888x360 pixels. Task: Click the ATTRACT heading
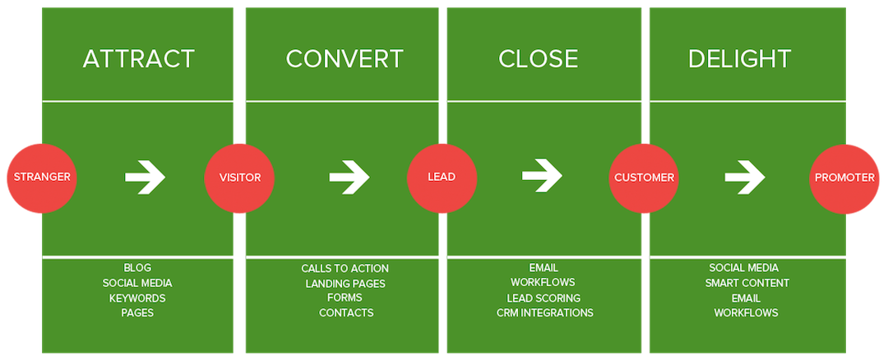[138, 59]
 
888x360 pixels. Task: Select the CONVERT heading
[345, 59]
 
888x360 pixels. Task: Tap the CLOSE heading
[538, 59]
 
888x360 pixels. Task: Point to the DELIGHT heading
[739, 59]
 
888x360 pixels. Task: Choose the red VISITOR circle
[240, 177]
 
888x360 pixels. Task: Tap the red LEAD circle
[442, 177]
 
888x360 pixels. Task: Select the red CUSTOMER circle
[645, 177]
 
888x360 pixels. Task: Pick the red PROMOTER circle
[844, 177]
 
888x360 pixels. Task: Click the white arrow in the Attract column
[145, 177]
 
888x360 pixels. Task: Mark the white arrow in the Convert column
[349, 177]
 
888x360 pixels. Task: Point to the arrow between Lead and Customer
[542, 175]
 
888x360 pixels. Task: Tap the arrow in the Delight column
[745, 177]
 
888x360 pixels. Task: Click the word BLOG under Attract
[137, 268]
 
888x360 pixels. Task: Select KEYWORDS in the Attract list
[137, 298]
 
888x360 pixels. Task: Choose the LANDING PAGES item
[345, 284]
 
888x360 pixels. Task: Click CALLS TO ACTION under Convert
[345, 269]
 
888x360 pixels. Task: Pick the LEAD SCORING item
[543, 298]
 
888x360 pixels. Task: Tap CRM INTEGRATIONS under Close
[544, 312]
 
